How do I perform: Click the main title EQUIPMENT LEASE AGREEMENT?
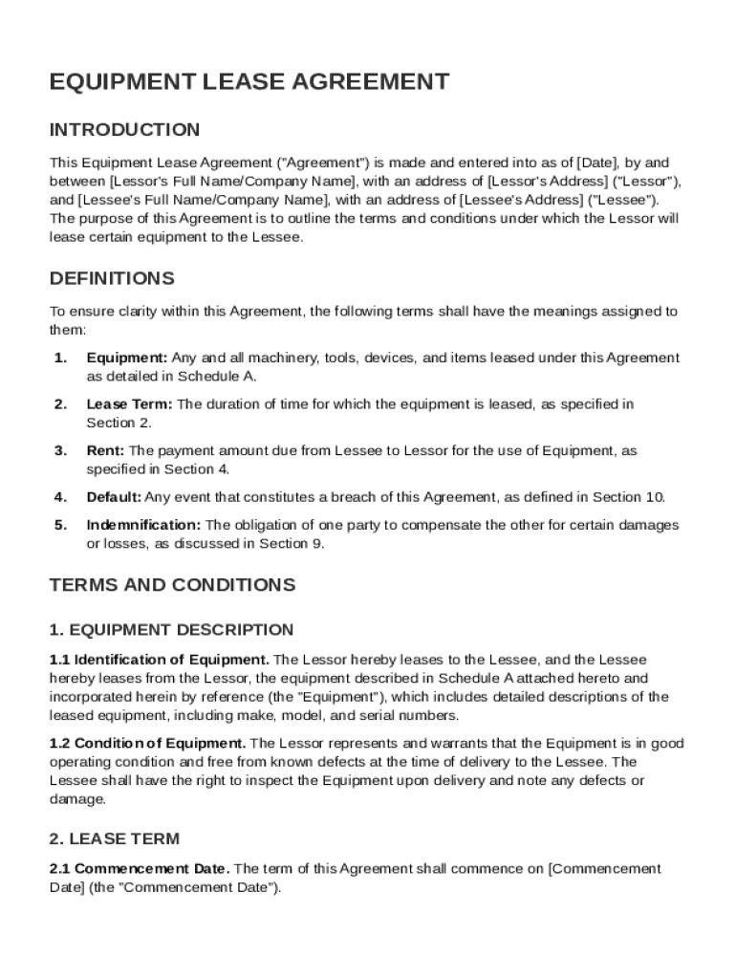(x=249, y=82)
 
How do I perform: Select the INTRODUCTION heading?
(x=124, y=130)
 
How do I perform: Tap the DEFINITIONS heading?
(x=112, y=279)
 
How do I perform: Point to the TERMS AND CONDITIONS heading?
(x=172, y=585)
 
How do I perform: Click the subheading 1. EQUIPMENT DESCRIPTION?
(x=171, y=630)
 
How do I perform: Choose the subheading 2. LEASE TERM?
(x=114, y=839)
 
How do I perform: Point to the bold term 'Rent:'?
(x=106, y=450)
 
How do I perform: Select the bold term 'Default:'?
(x=114, y=497)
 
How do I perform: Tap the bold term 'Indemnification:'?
(x=143, y=525)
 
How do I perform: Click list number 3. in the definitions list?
(x=60, y=450)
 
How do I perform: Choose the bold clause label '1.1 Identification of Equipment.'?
(x=160, y=660)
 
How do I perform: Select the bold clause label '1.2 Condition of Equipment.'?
(x=148, y=744)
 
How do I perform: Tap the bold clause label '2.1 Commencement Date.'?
(x=140, y=869)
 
